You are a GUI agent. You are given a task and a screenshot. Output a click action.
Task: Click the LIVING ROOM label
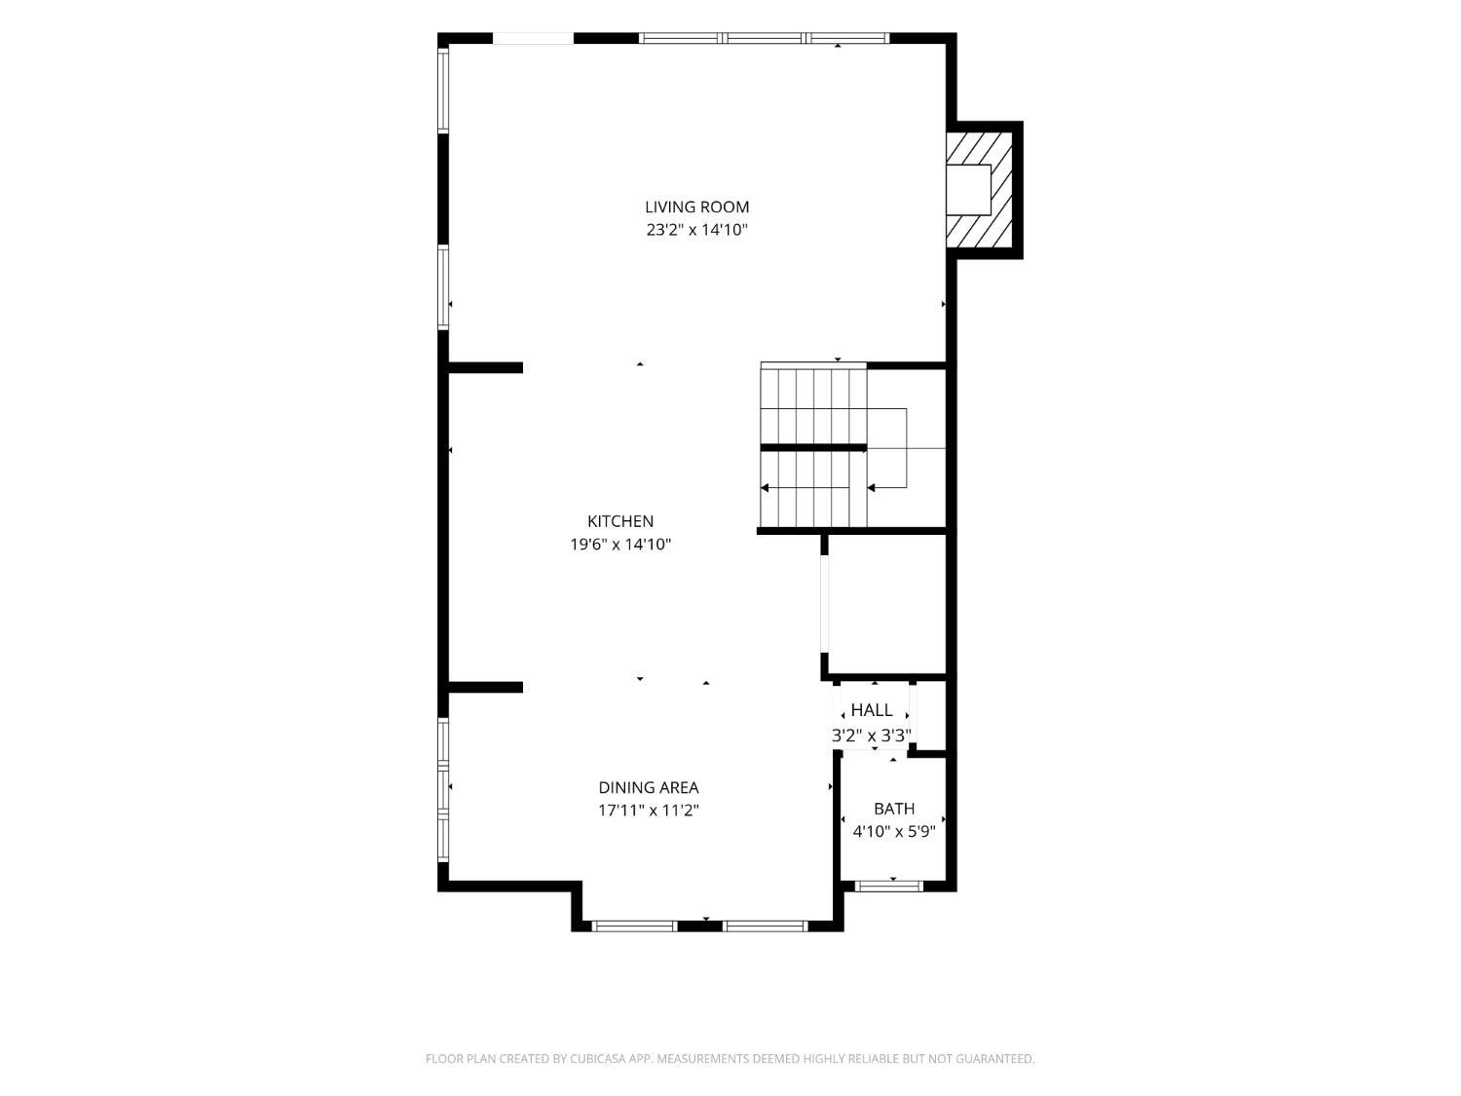(x=696, y=207)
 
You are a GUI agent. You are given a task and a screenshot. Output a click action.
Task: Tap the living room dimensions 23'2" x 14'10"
(x=696, y=230)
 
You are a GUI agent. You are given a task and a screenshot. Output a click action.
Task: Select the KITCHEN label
(x=619, y=521)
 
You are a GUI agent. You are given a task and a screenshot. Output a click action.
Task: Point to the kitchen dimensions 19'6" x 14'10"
(x=619, y=545)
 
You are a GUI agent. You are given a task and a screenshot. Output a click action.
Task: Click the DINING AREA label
(x=648, y=787)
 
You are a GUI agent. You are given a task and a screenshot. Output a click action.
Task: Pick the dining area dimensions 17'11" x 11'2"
(x=648, y=811)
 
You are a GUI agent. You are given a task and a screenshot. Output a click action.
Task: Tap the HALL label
(x=872, y=710)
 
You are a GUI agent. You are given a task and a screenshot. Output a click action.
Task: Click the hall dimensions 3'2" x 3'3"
(x=872, y=735)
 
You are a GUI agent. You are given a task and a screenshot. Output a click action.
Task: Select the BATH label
(x=893, y=809)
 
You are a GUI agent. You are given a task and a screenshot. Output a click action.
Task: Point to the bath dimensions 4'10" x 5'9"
(x=893, y=832)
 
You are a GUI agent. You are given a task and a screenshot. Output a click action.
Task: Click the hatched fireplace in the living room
(x=979, y=190)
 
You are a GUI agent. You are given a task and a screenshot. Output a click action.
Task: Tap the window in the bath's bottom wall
(x=888, y=886)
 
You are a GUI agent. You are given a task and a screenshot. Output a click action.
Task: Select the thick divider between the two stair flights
(x=813, y=448)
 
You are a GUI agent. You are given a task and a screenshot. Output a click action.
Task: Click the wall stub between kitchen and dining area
(x=485, y=688)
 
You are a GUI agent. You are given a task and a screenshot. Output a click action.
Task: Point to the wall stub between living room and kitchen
(x=485, y=367)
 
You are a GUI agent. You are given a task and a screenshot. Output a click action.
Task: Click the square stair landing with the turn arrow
(x=906, y=448)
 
